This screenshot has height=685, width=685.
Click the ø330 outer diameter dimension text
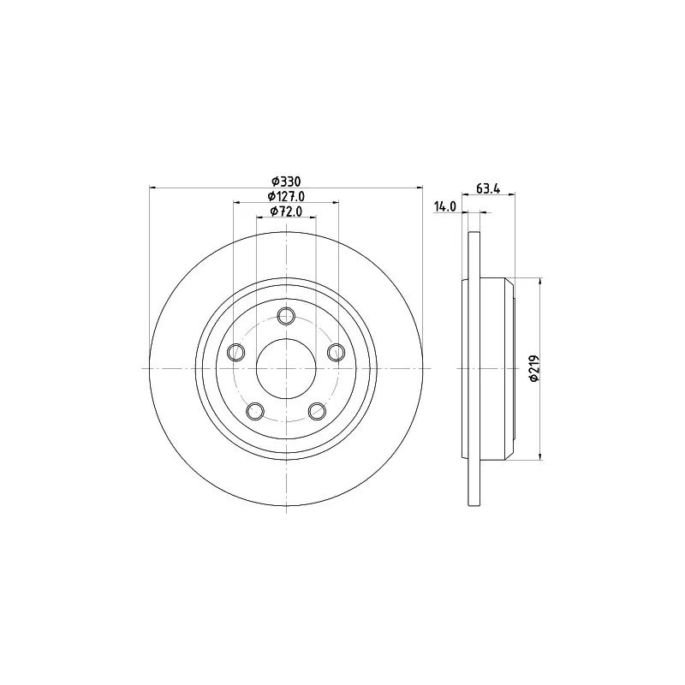click(287, 181)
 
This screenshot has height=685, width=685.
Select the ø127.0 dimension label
click(287, 196)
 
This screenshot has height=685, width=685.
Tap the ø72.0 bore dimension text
click(287, 211)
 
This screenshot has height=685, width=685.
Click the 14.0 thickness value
click(445, 206)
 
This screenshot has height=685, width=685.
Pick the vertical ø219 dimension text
click(533, 368)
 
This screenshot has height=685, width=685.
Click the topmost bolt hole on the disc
click(287, 314)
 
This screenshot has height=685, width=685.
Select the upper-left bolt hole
click(236, 351)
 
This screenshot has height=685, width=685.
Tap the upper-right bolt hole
click(337, 351)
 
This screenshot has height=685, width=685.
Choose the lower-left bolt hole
click(255, 411)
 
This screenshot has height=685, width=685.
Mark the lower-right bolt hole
click(318, 411)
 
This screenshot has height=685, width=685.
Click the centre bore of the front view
click(287, 368)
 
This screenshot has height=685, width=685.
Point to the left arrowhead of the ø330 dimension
click(152, 188)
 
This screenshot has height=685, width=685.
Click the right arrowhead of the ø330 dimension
click(420, 188)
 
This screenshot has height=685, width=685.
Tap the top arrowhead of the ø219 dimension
click(540, 281)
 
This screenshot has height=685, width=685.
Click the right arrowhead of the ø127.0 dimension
click(335, 203)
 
